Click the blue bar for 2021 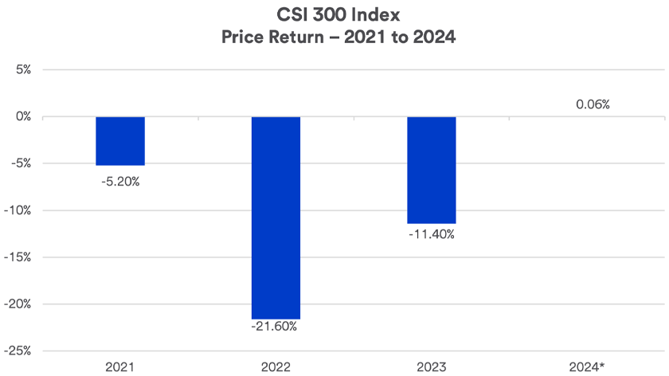120,141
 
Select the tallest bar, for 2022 276,217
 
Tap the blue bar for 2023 432,170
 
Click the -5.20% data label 120,181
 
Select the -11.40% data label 432,235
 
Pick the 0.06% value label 592,104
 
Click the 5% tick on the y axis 22,69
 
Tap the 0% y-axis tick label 22,116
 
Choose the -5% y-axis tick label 21,163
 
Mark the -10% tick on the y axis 19,210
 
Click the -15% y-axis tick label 19,257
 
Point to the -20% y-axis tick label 19,304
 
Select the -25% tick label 19,351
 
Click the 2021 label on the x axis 120,366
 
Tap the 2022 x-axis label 276,366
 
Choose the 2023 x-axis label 432,366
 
